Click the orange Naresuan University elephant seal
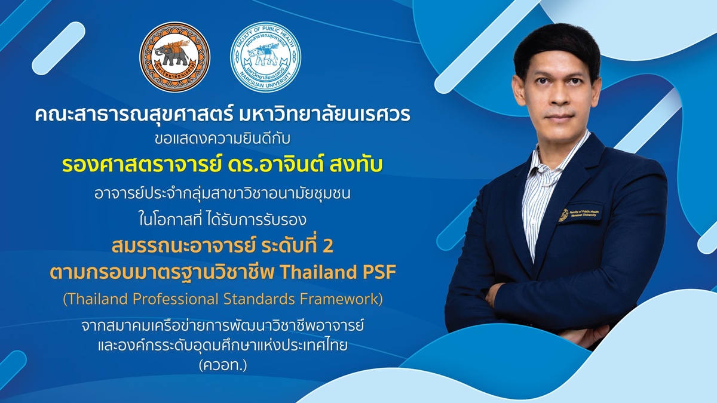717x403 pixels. point(174,57)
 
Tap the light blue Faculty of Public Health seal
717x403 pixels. point(265,57)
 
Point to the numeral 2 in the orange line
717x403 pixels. point(327,246)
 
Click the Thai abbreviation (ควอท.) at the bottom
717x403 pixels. point(223,365)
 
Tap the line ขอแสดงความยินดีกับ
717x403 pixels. point(222,139)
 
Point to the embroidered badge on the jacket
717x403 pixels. point(580,214)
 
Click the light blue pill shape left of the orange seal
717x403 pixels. point(59,48)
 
